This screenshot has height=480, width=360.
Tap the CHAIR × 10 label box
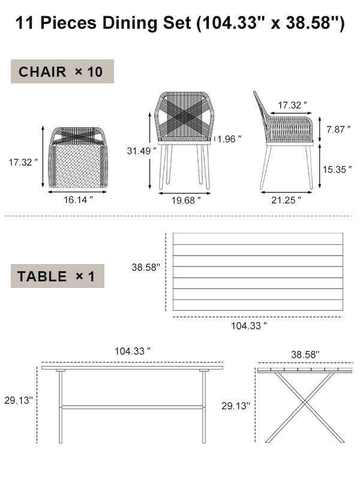coord(62,72)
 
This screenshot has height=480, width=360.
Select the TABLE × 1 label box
coord(58,277)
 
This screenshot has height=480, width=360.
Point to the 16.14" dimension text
coord(79,200)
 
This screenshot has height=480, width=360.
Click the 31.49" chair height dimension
coord(137,151)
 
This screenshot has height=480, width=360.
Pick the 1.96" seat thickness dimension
coord(229,139)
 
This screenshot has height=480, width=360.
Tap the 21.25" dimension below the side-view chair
coord(286,200)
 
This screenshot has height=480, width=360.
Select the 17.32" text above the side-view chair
coord(292,105)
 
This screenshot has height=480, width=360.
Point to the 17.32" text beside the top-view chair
coord(23,162)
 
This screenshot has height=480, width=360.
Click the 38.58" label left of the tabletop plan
coord(146,268)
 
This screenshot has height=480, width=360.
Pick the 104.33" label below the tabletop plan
coord(248,326)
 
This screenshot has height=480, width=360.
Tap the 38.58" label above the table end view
coord(305,355)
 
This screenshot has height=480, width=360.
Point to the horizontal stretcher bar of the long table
coord(132,407)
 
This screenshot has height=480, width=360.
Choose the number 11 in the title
coord(23,23)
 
